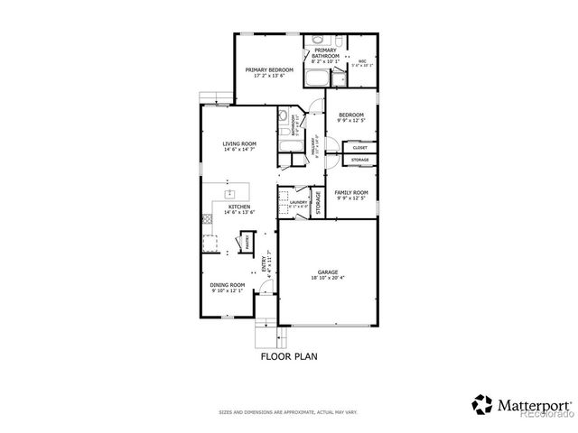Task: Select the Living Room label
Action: point(240,143)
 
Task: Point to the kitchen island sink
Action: point(229,192)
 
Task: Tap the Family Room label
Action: point(351,192)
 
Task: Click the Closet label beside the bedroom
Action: point(359,147)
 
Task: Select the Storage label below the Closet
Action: point(359,160)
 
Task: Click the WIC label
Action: point(361,61)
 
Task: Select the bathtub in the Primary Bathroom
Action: point(319,77)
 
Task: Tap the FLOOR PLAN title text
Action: point(288,356)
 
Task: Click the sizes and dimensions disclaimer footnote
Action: point(288,412)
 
